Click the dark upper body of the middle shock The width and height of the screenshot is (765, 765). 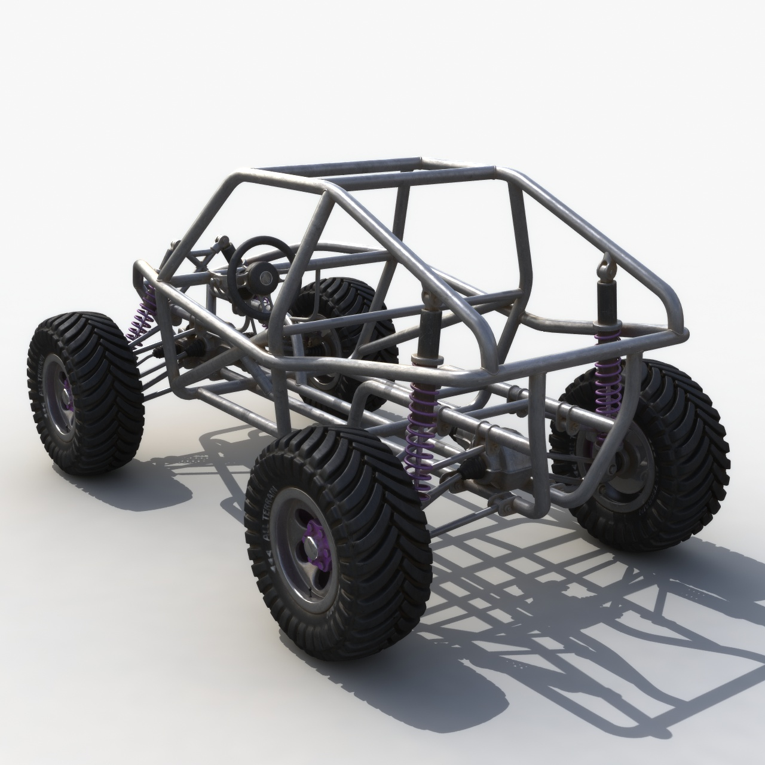pyautogui.click(x=428, y=335)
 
